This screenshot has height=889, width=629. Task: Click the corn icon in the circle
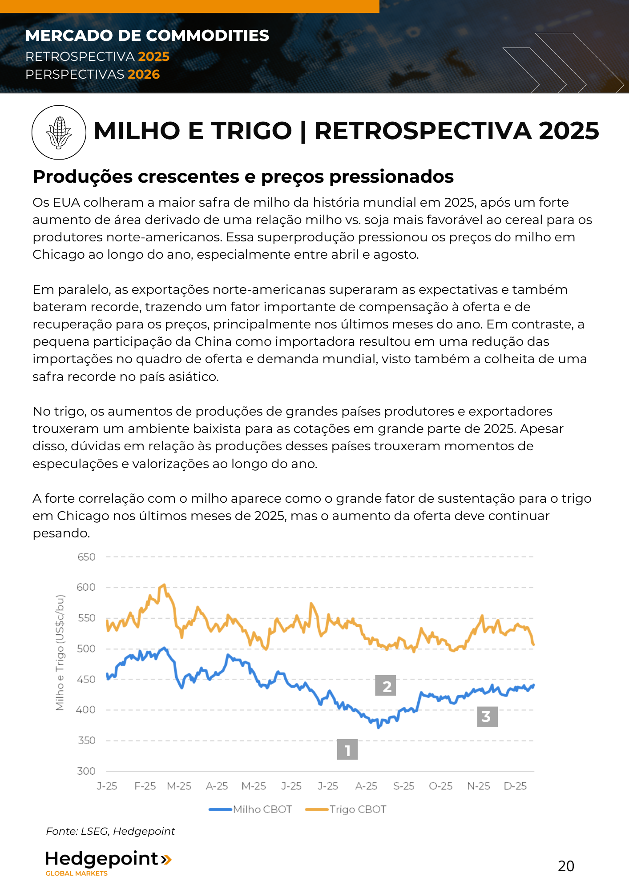tap(59, 132)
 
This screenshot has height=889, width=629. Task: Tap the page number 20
tap(566, 866)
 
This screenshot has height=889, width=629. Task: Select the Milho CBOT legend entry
tap(250, 809)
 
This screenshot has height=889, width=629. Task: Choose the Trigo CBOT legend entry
tap(346, 809)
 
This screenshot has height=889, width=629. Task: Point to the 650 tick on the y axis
tap(86, 557)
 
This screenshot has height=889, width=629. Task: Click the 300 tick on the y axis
tap(86, 771)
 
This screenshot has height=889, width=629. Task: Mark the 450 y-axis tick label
tap(86, 679)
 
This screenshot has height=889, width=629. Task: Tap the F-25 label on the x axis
tap(145, 786)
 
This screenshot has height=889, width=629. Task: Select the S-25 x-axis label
tap(403, 786)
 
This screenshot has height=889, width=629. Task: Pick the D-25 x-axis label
tap(515, 786)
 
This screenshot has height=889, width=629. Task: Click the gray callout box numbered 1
tap(347, 750)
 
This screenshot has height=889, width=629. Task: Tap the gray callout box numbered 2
tap(386, 686)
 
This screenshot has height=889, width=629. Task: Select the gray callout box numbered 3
tap(487, 717)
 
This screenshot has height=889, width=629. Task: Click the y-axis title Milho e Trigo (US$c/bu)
tap(60, 653)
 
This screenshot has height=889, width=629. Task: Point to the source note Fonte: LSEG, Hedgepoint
tap(110, 831)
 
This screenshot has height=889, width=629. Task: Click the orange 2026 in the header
tap(144, 74)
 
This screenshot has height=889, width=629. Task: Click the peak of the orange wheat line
tap(165, 585)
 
